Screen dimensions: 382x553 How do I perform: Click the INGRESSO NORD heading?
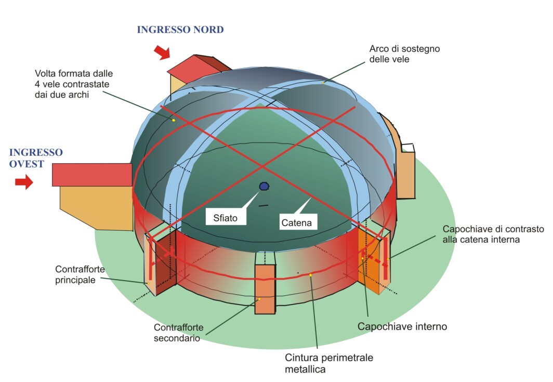click(x=180, y=30)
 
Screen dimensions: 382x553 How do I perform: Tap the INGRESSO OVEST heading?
click(x=36, y=157)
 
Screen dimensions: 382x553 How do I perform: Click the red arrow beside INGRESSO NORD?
click(x=162, y=52)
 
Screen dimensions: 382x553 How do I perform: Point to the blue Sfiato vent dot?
click(x=264, y=186)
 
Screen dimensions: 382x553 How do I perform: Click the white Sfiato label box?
click(x=225, y=218)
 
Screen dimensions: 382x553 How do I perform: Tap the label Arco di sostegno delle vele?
click(x=404, y=54)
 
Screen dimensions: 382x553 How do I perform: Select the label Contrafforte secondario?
click(x=179, y=333)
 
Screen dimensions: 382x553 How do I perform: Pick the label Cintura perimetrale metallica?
click(x=328, y=363)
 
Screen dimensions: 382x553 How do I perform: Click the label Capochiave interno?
click(x=402, y=327)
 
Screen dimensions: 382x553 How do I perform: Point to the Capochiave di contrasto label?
click(x=493, y=234)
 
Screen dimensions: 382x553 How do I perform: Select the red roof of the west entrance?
click(x=92, y=175)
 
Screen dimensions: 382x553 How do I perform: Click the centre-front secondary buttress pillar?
click(x=265, y=289)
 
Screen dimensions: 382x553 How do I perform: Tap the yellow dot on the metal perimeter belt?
click(x=310, y=275)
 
